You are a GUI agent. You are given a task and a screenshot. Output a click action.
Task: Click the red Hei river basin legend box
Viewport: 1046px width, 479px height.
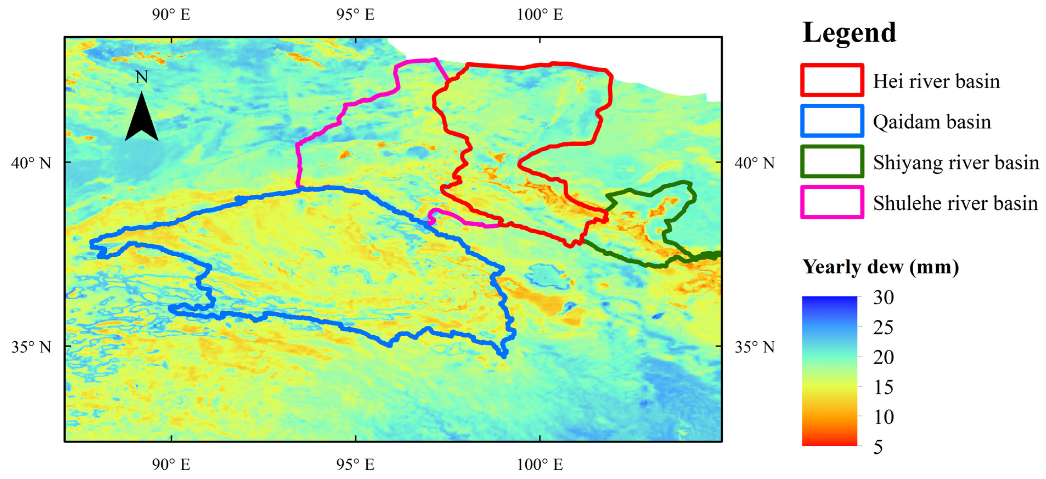pyautogui.click(x=832, y=80)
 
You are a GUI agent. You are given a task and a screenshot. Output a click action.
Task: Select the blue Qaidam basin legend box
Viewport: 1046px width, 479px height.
pyautogui.click(x=832, y=121)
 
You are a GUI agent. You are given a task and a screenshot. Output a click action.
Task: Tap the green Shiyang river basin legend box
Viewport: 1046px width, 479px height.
pyautogui.click(x=832, y=161)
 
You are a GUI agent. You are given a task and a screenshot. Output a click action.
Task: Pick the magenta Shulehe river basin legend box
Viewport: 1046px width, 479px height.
pyautogui.click(x=832, y=202)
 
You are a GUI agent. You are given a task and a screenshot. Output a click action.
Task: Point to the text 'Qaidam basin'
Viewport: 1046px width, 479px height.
pyautogui.click(x=932, y=122)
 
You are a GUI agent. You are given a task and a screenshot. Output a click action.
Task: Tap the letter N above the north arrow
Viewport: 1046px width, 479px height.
pyautogui.click(x=142, y=77)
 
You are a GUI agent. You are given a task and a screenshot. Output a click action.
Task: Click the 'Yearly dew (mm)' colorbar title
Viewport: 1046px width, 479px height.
pyautogui.click(x=881, y=267)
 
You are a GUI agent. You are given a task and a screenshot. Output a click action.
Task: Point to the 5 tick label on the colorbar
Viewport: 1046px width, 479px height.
pyautogui.click(x=878, y=447)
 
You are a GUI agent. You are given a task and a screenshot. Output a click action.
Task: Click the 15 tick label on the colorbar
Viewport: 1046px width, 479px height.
pyautogui.click(x=884, y=387)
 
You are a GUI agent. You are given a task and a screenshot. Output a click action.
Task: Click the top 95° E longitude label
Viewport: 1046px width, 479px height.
pyautogui.click(x=355, y=15)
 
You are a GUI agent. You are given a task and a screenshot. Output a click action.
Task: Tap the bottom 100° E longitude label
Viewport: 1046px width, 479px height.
pyautogui.click(x=540, y=464)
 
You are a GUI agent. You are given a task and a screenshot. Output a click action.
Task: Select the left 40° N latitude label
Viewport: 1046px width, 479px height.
pyautogui.click(x=31, y=163)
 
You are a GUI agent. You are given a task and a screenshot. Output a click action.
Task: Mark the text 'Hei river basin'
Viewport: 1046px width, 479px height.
pyautogui.click(x=936, y=81)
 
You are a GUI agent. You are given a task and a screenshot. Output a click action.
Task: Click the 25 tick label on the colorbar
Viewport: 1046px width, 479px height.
pyautogui.click(x=884, y=327)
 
